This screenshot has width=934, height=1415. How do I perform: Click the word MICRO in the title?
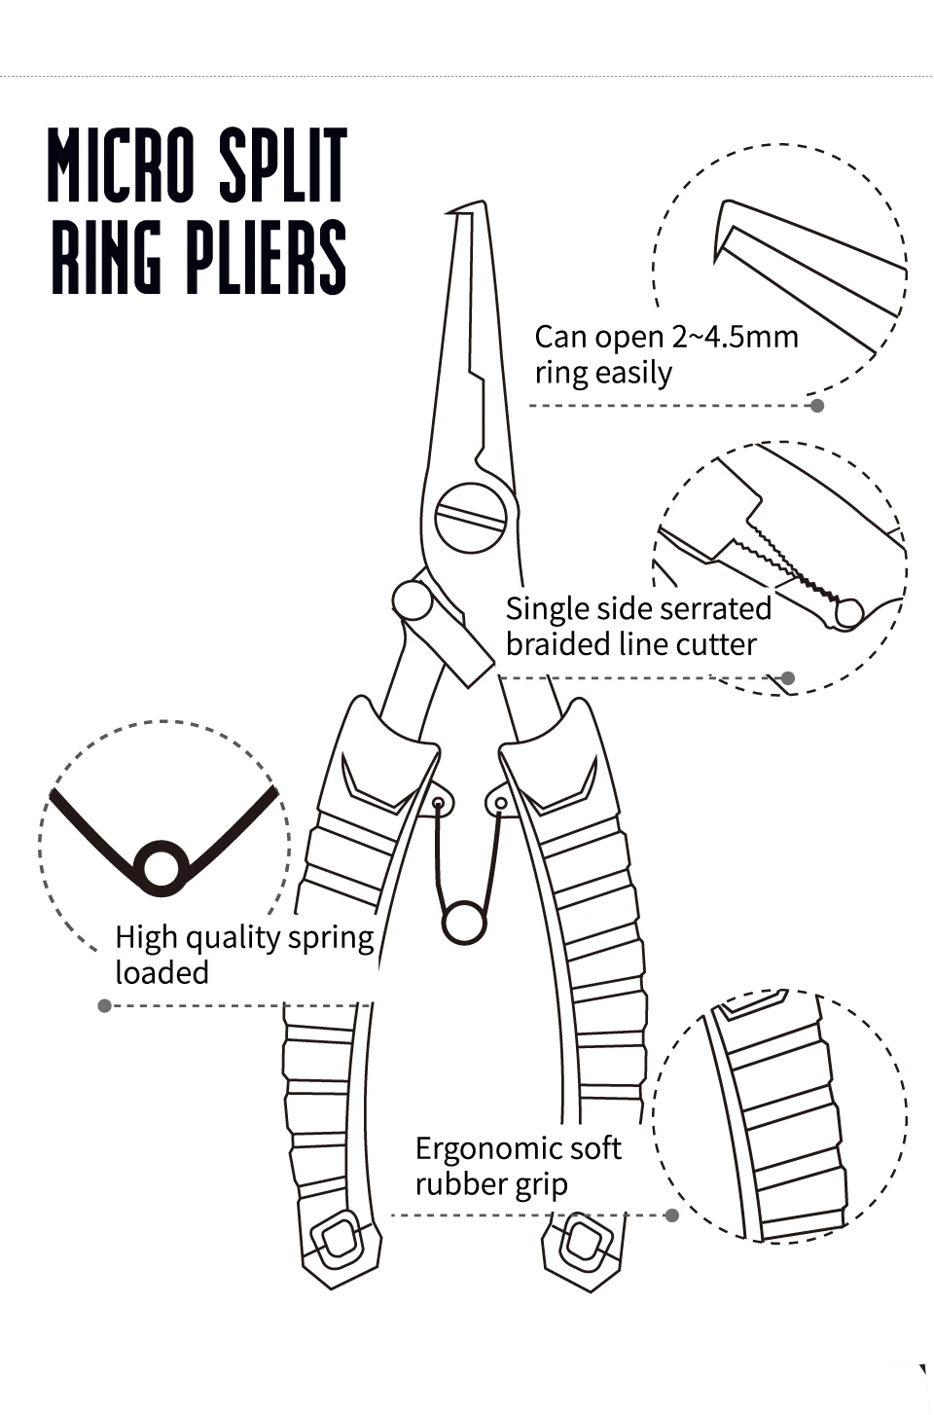tap(122, 164)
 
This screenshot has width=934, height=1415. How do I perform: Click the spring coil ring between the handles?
tap(463, 921)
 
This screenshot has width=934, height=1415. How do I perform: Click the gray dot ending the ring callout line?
tap(817, 405)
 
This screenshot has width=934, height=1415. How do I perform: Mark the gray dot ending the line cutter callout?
tap(788, 678)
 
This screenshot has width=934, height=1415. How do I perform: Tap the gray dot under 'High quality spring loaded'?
tap(105, 1005)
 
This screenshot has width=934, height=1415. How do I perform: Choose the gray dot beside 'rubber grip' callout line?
tap(671, 1215)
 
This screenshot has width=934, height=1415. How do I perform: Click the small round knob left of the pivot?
tap(412, 600)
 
